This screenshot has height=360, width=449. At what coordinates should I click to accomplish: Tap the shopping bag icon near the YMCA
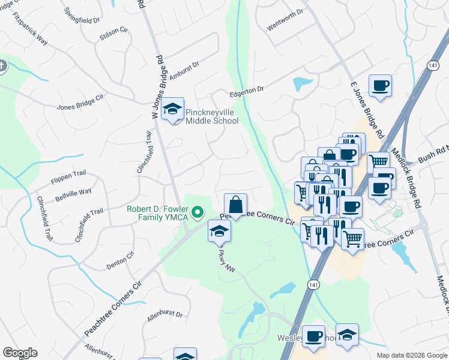236,205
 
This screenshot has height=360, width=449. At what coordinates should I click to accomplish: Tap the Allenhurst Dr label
164,314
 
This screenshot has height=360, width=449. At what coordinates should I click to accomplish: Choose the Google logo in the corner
20,353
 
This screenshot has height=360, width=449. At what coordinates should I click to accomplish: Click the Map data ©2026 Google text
412,355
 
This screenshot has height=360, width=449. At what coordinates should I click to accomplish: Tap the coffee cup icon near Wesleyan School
313,337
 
